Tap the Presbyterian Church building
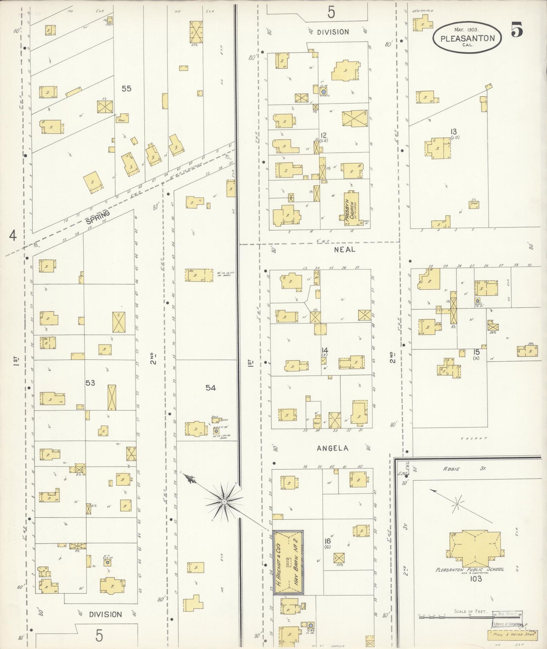[x=351, y=209]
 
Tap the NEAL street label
[x=344, y=249]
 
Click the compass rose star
[x=224, y=501]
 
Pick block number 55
[x=126, y=88]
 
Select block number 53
[x=90, y=383]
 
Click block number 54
[x=210, y=387]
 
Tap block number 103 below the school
[x=475, y=579]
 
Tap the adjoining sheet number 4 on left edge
[x=13, y=236]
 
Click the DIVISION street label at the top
[x=333, y=32]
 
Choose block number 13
[x=453, y=131]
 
